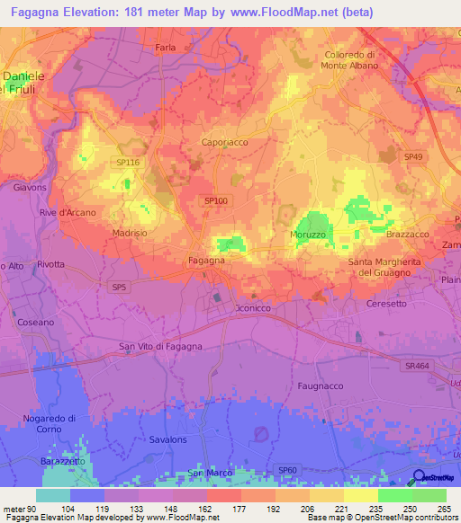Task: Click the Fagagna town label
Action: point(206,260)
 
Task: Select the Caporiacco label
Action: point(223,142)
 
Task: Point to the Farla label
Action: point(165,47)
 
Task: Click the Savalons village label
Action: point(167,439)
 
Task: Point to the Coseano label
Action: point(36,321)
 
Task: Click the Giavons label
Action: point(30,188)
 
